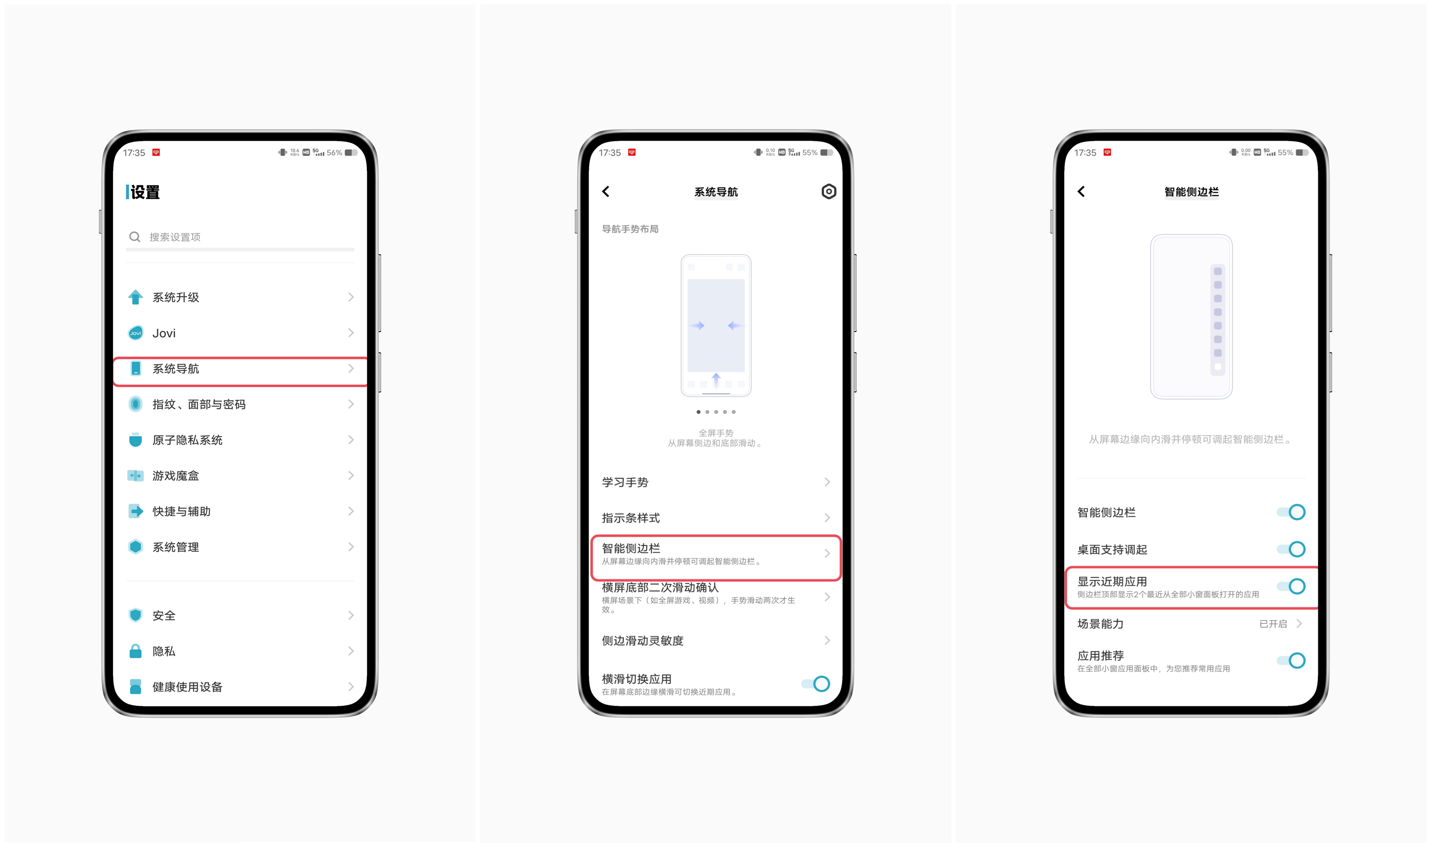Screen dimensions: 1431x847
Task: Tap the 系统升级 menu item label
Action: point(176,297)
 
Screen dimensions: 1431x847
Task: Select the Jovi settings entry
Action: point(164,333)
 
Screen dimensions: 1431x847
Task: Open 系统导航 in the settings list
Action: point(176,369)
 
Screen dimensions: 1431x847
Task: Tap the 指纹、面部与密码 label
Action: point(199,405)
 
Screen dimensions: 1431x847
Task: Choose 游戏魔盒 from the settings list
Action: point(176,476)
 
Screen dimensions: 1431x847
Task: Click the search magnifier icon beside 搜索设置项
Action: point(135,237)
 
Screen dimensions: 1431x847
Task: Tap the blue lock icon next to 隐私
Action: point(135,651)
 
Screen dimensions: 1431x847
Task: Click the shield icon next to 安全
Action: point(135,615)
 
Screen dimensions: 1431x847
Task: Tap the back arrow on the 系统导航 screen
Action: point(606,192)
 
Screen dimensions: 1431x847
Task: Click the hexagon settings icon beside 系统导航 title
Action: point(828,192)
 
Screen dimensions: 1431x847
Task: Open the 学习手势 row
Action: point(625,482)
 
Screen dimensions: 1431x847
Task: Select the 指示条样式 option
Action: point(631,518)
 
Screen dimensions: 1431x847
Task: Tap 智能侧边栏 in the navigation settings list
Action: point(631,548)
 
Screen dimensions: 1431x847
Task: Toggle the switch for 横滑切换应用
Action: point(815,684)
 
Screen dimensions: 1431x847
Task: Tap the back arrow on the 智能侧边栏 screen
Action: point(1081,192)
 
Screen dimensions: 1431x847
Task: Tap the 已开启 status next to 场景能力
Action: point(1273,624)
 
